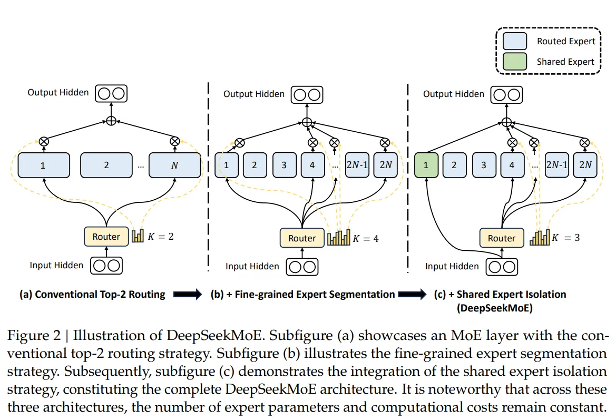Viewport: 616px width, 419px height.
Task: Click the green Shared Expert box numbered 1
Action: [426, 164]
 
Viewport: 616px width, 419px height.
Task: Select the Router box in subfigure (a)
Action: [106, 237]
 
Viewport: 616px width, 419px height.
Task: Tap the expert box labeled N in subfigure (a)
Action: [174, 165]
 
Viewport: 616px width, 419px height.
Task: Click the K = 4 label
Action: [366, 239]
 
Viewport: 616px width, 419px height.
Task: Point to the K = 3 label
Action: [566, 238]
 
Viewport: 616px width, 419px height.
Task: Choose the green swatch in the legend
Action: [515, 62]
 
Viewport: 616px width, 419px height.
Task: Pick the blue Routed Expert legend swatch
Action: [515, 41]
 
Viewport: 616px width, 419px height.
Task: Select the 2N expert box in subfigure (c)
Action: [585, 164]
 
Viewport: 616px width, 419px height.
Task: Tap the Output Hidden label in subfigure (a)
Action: [58, 93]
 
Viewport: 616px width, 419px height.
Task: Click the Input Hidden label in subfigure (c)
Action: [452, 266]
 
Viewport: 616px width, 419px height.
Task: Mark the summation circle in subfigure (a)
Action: [111, 121]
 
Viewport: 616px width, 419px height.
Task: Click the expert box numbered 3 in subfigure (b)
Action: [284, 164]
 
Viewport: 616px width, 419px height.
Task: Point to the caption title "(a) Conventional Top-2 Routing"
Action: [92, 295]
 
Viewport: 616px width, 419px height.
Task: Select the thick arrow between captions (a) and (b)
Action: [188, 295]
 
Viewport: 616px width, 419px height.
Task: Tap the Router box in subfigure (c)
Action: [501, 238]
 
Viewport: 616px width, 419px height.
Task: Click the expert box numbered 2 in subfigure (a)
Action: [106, 165]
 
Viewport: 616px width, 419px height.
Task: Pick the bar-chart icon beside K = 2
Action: [138, 236]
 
